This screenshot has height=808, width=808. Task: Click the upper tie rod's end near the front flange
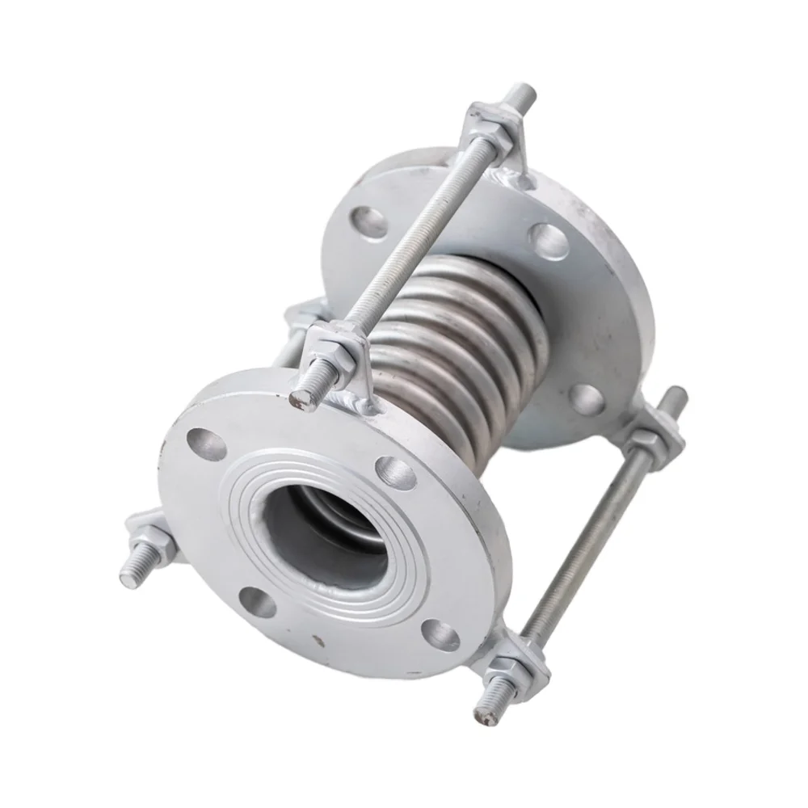[302, 398]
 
